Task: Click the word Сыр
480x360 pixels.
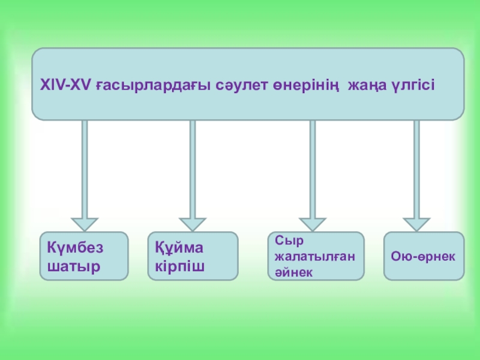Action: coord(286,241)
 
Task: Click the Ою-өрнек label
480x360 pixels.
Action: coord(423,256)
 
